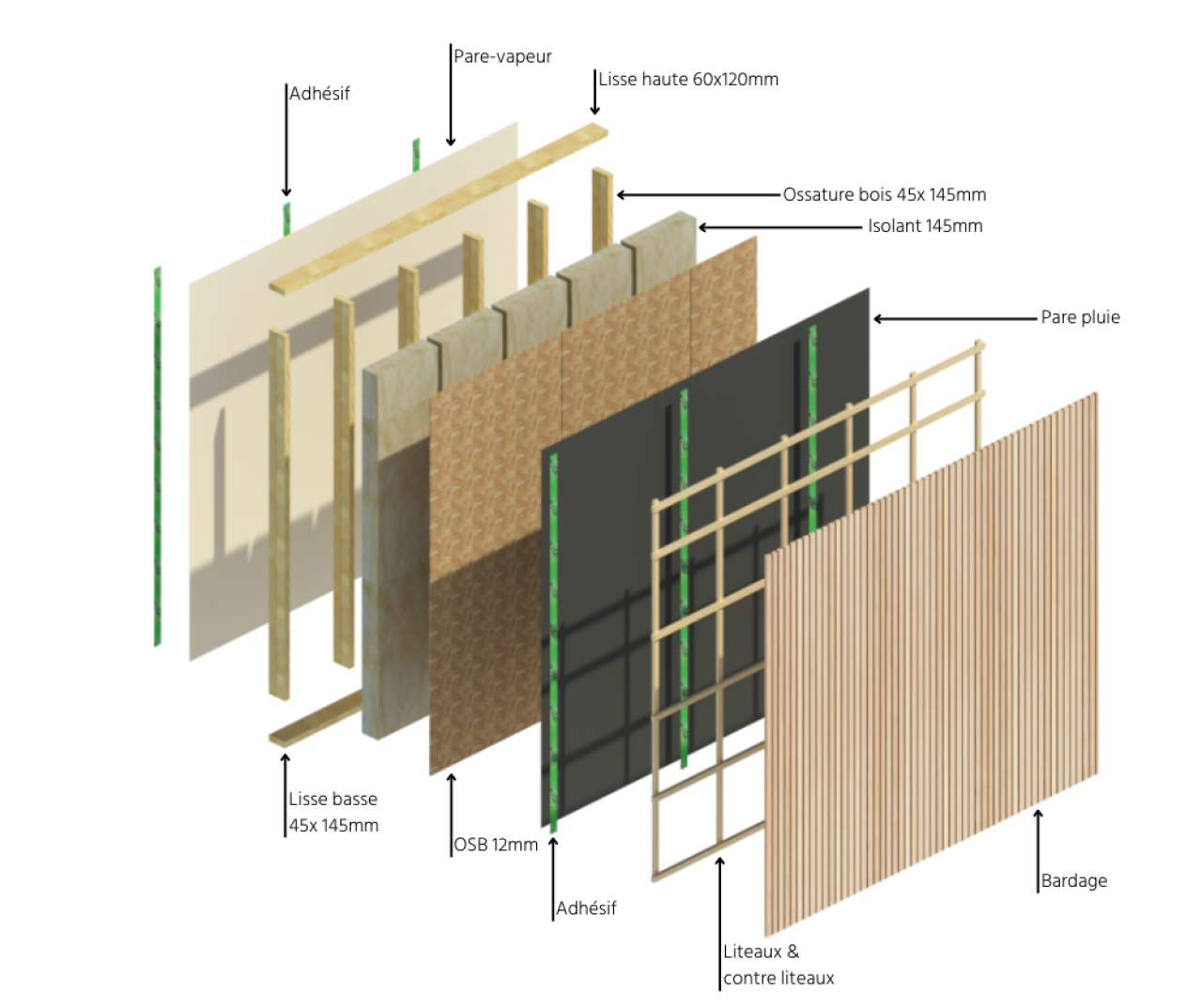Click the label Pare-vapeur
coord(502,56)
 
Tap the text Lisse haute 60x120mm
coord(688,80)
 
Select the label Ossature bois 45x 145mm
coord(885,194)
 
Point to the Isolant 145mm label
coord(925,225)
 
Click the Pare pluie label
coord(1081,317)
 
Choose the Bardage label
coord(1074,880)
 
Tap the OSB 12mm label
coord(496,845)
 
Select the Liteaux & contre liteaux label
coord(778,965)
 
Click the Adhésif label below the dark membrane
coord(586,908)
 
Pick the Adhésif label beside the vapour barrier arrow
coord(319,93)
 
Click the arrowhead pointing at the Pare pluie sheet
coord(878,319)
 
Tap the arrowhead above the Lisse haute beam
coord(595,110)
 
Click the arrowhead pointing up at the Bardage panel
coord(1038,814)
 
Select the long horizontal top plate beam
coord(439,208)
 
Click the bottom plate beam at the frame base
coord(316,718)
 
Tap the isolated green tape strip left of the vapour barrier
coord(158,456)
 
